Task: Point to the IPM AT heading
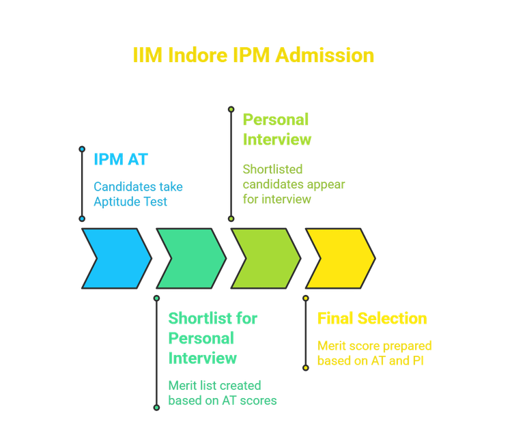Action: [121, 160]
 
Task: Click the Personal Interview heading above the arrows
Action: [276, 130]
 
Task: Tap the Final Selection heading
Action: [372, 320]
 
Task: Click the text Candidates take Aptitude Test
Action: [138, 193]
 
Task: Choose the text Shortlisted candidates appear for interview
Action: [294, 184]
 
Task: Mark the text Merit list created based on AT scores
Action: [223, 393]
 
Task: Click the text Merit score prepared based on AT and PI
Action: [375, 353]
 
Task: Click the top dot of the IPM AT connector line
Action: [82, 147]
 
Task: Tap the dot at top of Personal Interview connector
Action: [231, 108]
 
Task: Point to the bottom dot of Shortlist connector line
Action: [156, 408]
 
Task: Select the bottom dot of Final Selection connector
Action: [305, 367]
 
